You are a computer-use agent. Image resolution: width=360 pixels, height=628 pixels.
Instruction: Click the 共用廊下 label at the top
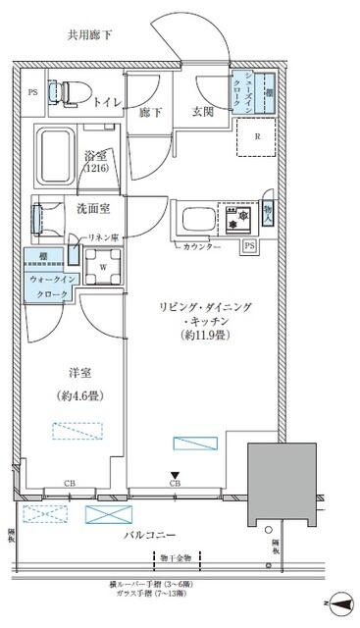(x=90, y=34)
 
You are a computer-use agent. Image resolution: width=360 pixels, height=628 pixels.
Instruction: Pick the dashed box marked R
(x=257, y=138)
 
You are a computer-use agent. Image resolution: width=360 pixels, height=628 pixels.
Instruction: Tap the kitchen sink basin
(x=195, y=216)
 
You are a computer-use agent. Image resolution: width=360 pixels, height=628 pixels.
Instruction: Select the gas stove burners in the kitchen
(x=236, y=217)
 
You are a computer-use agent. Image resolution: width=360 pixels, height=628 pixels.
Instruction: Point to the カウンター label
(x=201, y=246)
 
